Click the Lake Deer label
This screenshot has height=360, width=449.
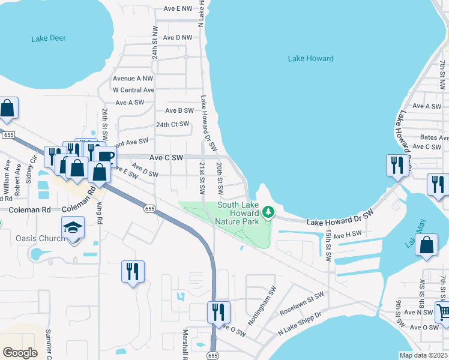49,38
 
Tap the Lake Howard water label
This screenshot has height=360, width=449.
310,59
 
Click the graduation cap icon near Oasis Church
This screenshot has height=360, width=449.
73,228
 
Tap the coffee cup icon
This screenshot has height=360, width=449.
105,156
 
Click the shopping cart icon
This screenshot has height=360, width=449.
443,311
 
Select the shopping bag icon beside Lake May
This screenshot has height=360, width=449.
426,245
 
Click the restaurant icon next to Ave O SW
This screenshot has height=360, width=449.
218,311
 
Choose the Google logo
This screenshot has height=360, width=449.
20,352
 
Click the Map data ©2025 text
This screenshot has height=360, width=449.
423,355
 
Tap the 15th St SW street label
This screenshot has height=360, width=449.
328,245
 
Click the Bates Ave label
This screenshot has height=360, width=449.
430,137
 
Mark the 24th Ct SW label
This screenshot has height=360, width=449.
172,125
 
